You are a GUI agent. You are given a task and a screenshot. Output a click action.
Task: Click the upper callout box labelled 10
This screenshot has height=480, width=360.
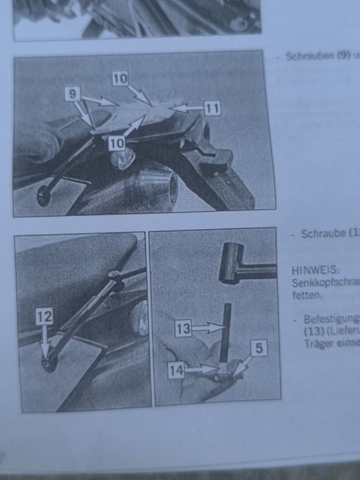click(120, 80)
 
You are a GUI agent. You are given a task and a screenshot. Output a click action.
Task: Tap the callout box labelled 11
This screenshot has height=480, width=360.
click(212, 108)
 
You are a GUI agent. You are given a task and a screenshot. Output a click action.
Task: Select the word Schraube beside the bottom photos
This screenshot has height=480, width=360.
click(322, 234)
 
